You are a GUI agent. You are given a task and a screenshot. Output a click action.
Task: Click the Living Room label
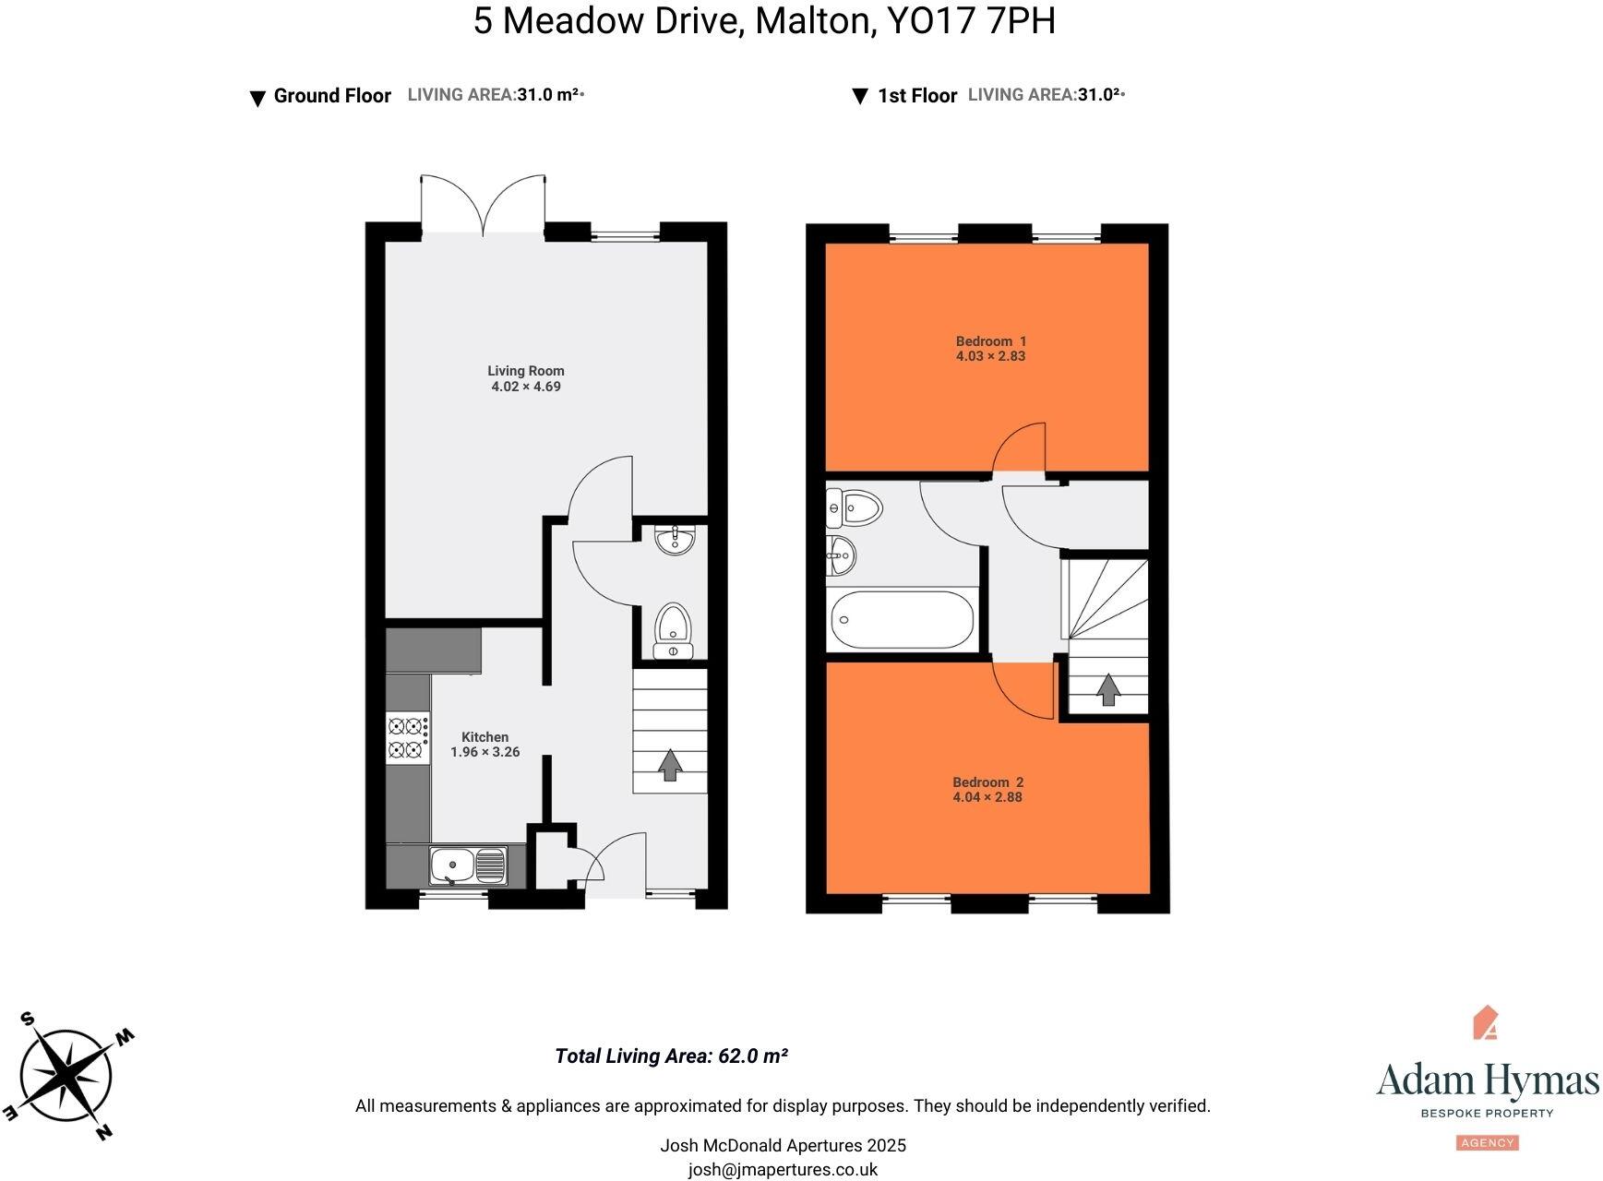click(x=525, y=371)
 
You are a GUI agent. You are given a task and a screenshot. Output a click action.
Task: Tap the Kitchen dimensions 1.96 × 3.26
click(x=484, y=752)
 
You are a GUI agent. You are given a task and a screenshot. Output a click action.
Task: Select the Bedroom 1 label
click(x=990, y=341)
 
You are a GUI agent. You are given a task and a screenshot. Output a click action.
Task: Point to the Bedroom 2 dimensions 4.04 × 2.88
click(x=987, y=797)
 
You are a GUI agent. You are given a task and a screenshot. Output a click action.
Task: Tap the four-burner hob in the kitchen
click(x=407, y=738)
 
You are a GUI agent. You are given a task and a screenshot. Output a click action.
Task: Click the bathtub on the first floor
click(x=902, y=620)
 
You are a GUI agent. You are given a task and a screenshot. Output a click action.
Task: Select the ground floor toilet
click(x=673, y=630)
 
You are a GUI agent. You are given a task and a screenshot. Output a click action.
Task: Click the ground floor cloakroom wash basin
click(x=676, y=539)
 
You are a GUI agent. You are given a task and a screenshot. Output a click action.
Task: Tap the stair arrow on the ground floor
click(x=669, y=764)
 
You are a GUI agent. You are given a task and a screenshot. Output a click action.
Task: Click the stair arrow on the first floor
click(x=1107, y=689)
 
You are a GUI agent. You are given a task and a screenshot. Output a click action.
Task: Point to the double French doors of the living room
click(x=483, y=205)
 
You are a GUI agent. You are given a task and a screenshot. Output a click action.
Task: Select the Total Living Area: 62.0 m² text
click(x=671, y=1056)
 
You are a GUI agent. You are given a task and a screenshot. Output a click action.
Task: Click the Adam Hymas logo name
click(x=1487, y=1080)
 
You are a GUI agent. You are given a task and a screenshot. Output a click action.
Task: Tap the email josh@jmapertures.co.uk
click(x=783, y=1170)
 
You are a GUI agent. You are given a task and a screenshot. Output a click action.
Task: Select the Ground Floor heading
click(x=332, y=96)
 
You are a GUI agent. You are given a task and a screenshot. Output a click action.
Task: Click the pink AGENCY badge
click(x=1488, y=1142)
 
